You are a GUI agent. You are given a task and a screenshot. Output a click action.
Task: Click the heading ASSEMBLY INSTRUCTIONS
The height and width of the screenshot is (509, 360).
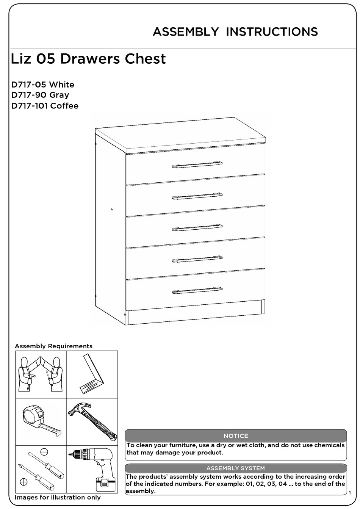235,32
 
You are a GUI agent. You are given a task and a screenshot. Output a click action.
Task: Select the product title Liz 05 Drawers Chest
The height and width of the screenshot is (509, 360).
89,59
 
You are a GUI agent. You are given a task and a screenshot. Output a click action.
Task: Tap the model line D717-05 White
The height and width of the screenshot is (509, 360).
43,85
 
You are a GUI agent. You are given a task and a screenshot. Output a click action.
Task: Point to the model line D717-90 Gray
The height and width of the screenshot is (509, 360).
40,95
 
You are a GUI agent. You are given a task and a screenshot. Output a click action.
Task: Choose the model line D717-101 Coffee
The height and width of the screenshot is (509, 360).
45,106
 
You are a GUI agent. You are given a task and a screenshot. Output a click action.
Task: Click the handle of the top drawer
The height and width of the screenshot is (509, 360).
197,164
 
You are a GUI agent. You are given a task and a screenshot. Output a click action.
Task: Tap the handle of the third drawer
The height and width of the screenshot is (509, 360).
197,228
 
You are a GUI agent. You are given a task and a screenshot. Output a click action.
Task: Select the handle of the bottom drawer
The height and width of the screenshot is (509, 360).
197,290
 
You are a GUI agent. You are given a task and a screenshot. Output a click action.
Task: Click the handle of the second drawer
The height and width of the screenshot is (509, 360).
197,196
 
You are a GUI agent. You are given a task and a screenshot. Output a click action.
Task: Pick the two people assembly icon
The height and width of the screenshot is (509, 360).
41,374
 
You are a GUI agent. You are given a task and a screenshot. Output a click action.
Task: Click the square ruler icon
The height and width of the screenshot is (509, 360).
92,374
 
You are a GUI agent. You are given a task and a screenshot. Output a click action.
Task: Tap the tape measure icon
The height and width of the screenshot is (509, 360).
41,421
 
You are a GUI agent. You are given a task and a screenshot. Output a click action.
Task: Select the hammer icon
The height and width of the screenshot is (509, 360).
92,421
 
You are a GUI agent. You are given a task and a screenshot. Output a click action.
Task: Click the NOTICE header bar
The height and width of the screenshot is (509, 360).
236,436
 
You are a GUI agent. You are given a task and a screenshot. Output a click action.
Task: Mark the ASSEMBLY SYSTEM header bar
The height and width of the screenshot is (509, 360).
236,468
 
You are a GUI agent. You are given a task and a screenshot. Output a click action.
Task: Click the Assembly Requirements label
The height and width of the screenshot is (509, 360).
53,346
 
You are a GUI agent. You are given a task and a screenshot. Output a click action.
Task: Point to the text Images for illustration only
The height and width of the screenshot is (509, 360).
58,497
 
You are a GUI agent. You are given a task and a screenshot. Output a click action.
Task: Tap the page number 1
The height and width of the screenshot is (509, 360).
350,492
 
